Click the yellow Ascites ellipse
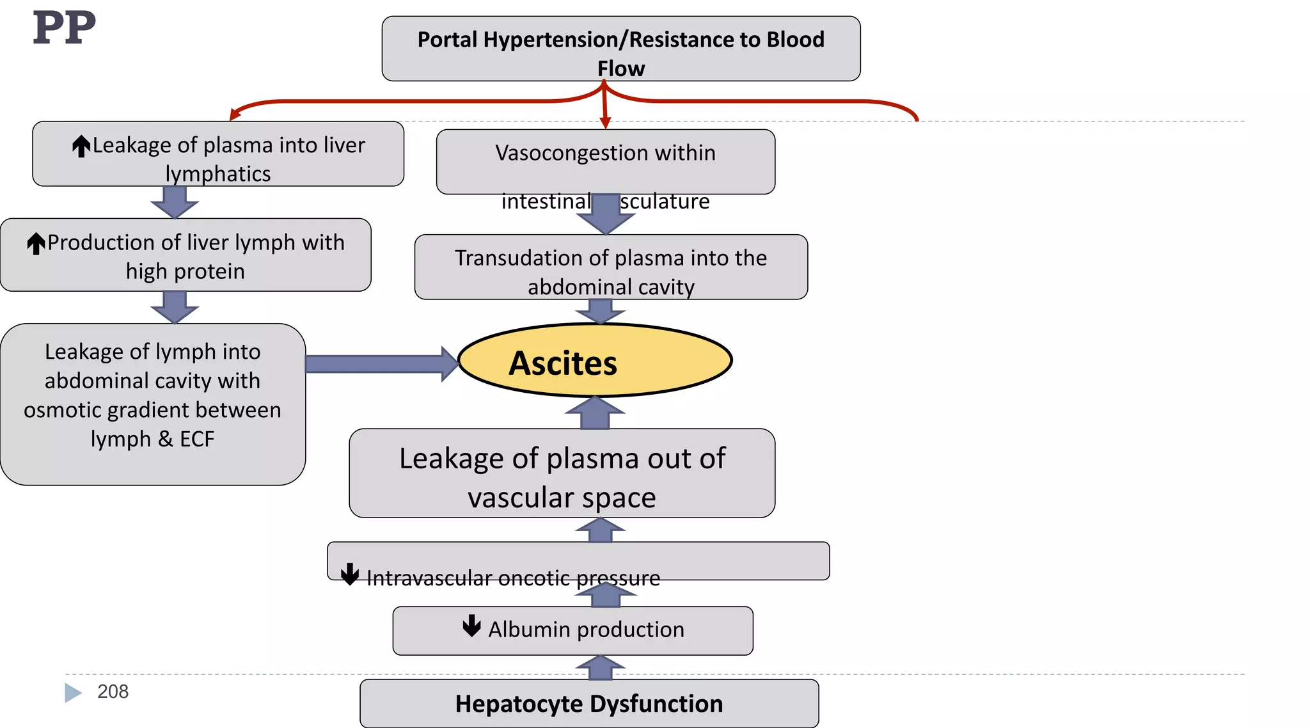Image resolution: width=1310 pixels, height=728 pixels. point(595,360)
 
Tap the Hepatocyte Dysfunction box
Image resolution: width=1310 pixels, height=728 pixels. point(589,703)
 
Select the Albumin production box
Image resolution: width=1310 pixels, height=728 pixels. point(572,630)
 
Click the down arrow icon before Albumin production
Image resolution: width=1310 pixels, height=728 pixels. point(472,626)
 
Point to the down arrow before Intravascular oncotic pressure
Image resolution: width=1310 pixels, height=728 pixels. point(350,574)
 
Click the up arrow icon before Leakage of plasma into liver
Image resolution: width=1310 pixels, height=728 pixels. point(81,146)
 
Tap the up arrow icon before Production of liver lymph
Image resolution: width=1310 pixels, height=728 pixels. point(36,243)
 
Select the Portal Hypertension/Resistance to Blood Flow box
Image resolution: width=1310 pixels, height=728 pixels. point(620,49)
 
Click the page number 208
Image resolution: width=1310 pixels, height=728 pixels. point(113,692)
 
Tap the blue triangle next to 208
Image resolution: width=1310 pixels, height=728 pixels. point(73,692)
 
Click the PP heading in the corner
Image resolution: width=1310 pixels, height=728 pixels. point(64,28)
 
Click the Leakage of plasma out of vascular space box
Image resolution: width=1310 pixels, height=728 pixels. point(562,473)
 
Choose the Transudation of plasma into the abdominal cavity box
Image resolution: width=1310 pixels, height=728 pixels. point(611,267)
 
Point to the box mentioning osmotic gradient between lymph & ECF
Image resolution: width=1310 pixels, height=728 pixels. point(152,404)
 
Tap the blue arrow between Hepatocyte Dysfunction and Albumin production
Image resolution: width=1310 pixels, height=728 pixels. point(600,668)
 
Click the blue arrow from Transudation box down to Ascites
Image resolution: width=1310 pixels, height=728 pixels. point(600,311)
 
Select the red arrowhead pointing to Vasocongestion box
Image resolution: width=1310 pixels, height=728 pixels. point(605,122)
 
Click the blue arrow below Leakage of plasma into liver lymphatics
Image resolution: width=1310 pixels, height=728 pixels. point(175,202)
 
